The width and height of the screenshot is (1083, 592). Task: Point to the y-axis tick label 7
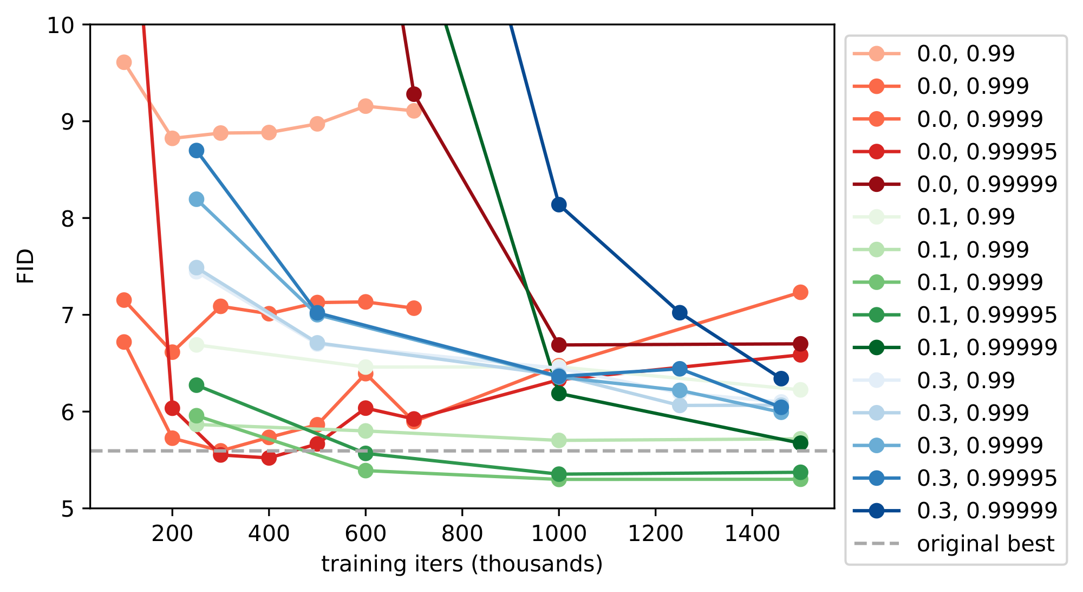coord(68,315)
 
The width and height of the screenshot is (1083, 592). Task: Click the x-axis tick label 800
coord(462,535)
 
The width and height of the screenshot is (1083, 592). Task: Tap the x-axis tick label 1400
coord(752,535)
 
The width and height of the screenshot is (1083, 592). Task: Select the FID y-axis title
coord(25,266)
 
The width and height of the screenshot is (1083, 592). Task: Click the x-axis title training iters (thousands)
coord(462,564)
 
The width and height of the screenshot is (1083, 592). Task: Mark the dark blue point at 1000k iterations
coord(559,204)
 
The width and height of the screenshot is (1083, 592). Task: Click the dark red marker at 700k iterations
coord(414,94)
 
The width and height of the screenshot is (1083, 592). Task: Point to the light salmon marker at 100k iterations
coord(124,62)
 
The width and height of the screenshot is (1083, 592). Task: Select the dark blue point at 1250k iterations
coord(680,312)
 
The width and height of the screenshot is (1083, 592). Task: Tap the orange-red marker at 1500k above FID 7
coord(800,292)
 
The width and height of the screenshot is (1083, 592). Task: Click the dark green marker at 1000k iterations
coord(559,393)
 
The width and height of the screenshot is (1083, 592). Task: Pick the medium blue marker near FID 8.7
coord(197,151)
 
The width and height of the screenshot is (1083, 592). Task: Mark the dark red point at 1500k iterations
coord(800,344)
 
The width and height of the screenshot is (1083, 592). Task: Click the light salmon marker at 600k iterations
coord(366,106)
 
